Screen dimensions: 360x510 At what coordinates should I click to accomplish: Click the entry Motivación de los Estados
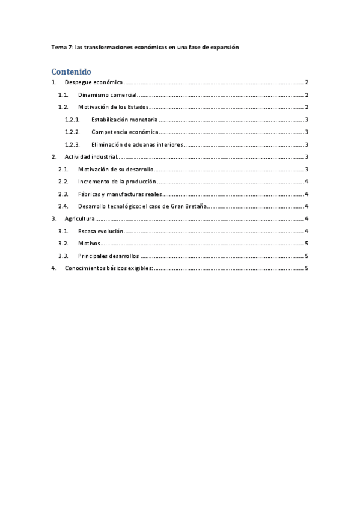click(x=114, y=107)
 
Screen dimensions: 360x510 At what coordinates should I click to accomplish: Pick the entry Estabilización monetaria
click(x=124, y=120)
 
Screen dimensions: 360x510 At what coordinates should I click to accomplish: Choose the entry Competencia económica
click(x=125, y=132)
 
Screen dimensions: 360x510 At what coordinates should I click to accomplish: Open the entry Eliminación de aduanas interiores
click(x=137, y=144)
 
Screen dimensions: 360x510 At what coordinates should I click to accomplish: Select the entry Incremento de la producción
click(x=117, y=182)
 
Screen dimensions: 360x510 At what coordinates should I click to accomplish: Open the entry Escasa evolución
click(x=100, y=231)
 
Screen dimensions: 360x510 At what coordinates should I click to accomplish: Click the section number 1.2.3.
click(x=72, y=144)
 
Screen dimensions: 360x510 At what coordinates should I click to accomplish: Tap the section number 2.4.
click(x=63, y=206)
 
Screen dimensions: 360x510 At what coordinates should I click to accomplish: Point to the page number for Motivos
click(x=307, y=244)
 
